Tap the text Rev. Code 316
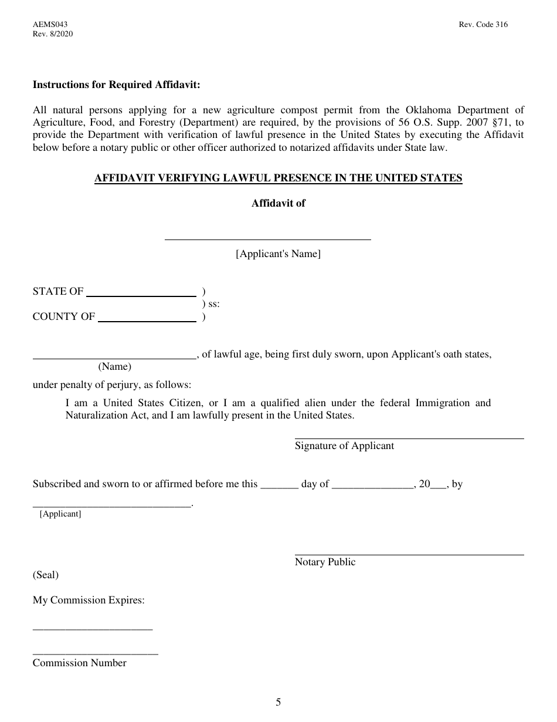coord(484,25)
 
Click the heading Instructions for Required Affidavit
coord(116,85)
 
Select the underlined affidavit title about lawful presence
coord(278,178)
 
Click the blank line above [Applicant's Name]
coord(267,238)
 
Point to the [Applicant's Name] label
coord(278,254)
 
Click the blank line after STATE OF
coord(141,295)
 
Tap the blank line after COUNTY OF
coord(147,320)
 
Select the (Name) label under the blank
coord(114,367)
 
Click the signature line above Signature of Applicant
coord(409,438)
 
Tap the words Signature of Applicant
coord(344,446)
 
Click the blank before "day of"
coord(279,487)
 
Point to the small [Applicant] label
coord(60,514)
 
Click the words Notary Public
coord(325,562)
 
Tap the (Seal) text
coord(46,575)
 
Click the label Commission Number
coord(79,663)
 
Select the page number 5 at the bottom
coord(278,702)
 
